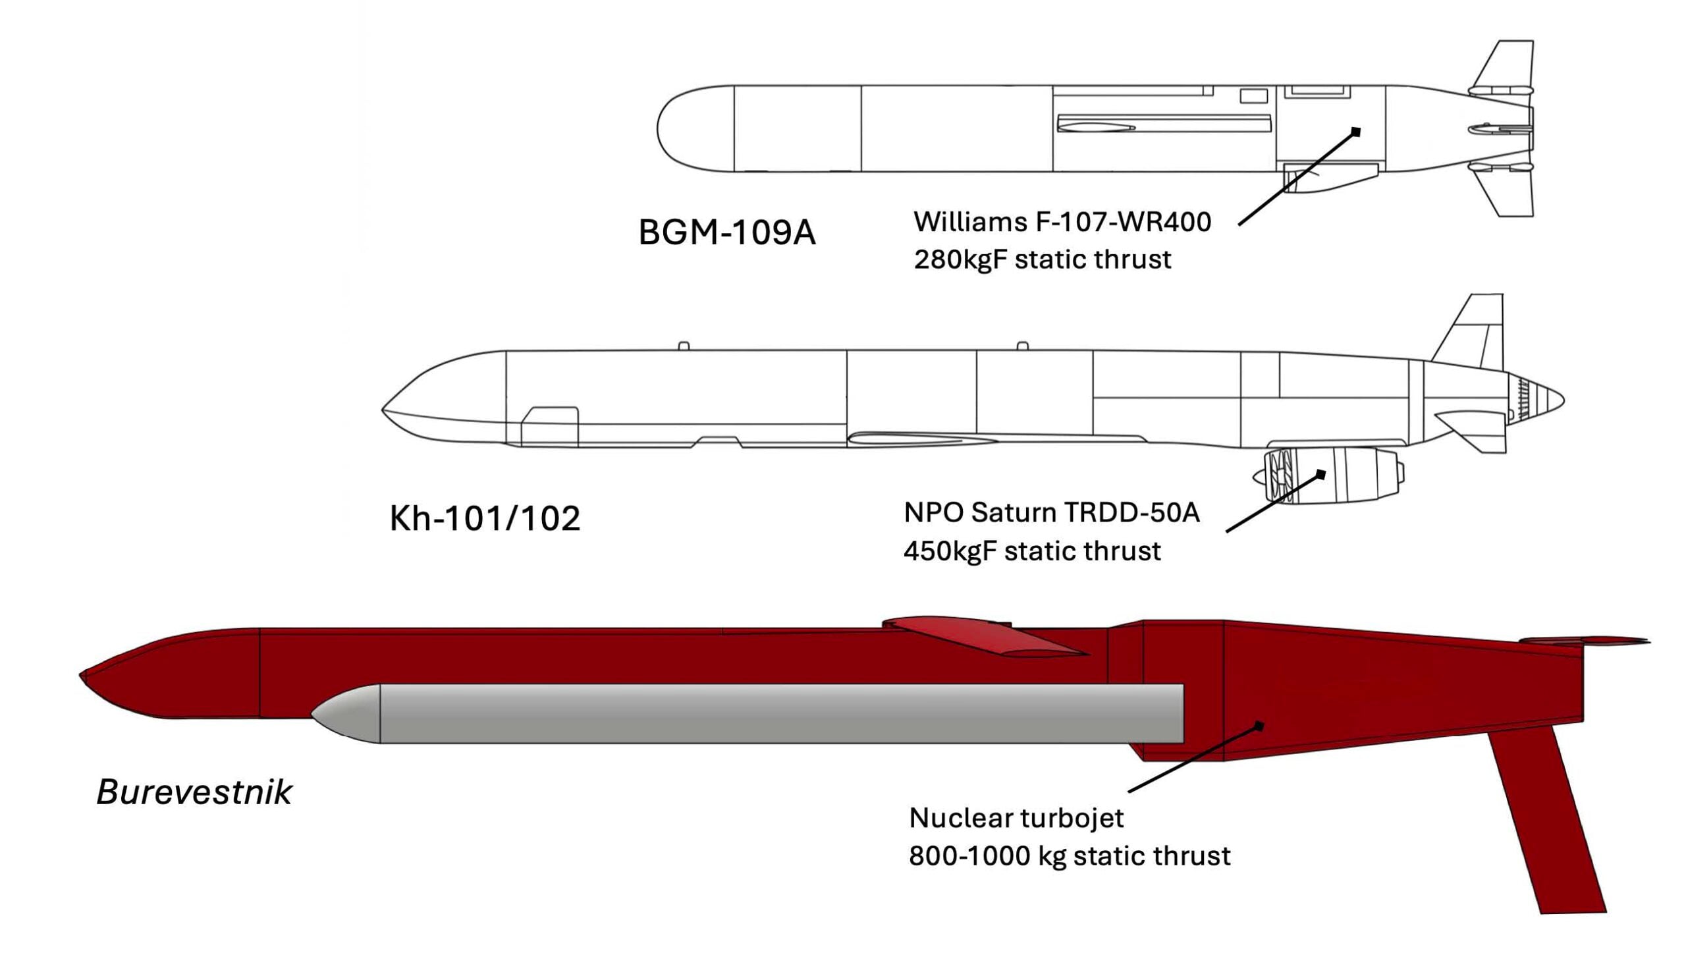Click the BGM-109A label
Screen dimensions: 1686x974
[x=727, y=232]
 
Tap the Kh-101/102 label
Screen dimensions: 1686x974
[x=485, y=518]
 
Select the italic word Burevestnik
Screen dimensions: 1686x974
[x=194, y=792]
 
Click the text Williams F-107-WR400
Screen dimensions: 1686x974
[x=1062, y=222]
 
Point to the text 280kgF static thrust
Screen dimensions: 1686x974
[x=1042, y=259]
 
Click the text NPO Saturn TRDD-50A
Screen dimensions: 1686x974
[x=1051, y=512]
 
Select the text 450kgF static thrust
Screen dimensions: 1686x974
[x=1032, y=551]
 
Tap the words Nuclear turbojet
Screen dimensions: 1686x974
[x=1016, y=817]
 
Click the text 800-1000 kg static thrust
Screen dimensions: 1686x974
[x=1070, y=855]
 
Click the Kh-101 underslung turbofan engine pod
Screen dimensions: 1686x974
[x=1329, y=475]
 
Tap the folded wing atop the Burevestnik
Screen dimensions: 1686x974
[x=983, y=636]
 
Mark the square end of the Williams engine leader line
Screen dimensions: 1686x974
[x=1355, y=132]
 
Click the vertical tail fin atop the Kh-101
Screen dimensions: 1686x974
[x=1471, y=331]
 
